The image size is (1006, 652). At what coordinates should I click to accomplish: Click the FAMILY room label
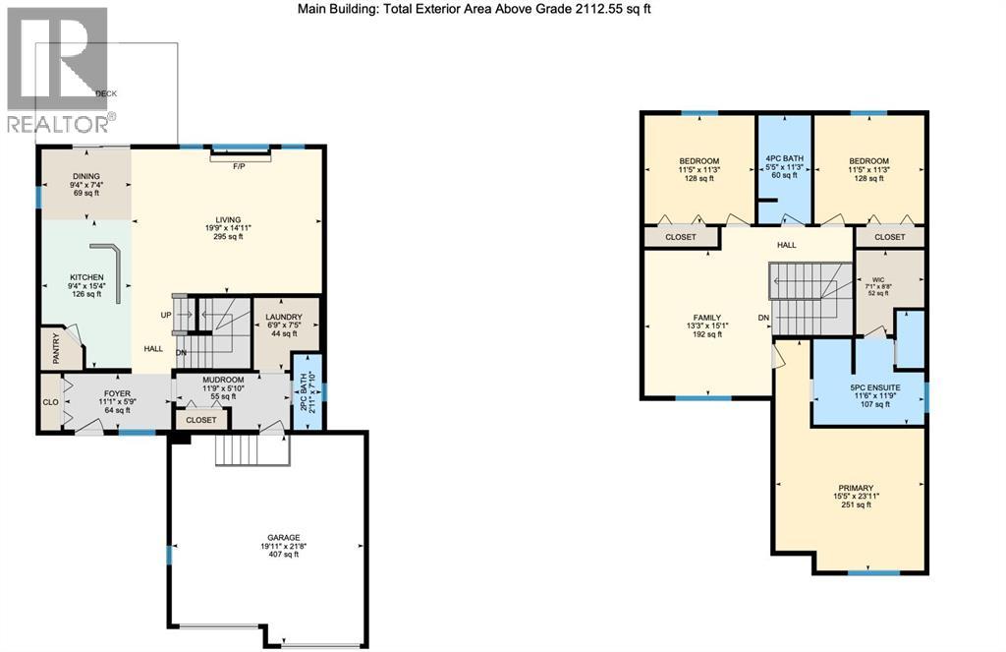tap(706, 318)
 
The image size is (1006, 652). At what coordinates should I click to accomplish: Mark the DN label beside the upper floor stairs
tap(763, 318)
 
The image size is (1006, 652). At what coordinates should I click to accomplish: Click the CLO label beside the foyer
tap(50, 401)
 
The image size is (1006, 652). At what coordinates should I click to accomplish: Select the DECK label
tap(106, 93)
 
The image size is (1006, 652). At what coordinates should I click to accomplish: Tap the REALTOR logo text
tap(59, 123)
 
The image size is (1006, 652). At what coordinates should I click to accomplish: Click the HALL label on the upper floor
tap(786, 245)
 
